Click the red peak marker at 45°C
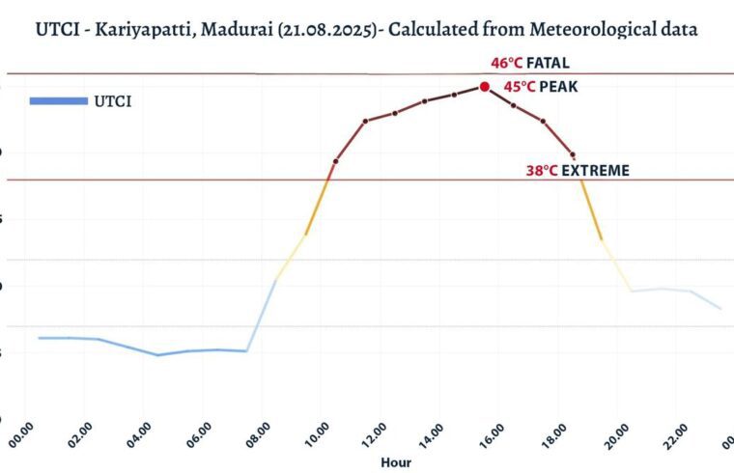click(x=485, y=86)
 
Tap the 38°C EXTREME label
click(x=578, y=171)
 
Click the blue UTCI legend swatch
click(x=58, y=100)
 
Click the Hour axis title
click(x=395, y=462)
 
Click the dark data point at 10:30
click(x=335, y=161)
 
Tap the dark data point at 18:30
click(x=573, y=154)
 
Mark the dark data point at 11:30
click(x=365, y=122)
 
